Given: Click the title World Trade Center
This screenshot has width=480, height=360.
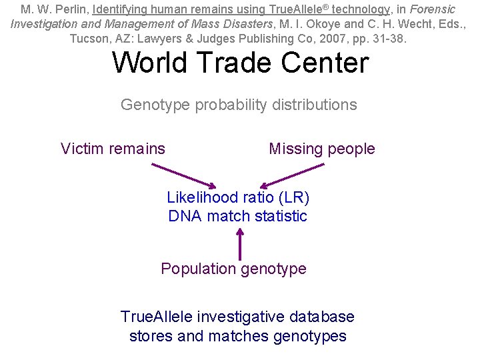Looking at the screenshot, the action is pos(240,63).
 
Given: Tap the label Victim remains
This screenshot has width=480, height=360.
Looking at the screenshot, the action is pos(113,149).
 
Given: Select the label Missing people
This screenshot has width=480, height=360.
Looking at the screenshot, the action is pos(321,149).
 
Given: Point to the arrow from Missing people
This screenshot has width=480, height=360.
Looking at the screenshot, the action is pos(293,175).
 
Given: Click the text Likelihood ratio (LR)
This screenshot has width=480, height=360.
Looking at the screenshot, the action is pos(238,197).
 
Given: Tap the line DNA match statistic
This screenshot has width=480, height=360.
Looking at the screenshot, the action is pos(238,216).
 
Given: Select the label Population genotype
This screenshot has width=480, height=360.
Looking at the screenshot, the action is pos(233,269).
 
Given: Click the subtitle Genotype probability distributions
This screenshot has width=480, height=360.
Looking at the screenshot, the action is pos(239,105).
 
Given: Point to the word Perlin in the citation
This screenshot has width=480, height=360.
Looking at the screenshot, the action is pos(73,9).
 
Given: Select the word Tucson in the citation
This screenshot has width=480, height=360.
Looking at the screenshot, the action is pos(89,38).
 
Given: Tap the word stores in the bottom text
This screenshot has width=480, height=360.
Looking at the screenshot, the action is pos(151,336).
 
